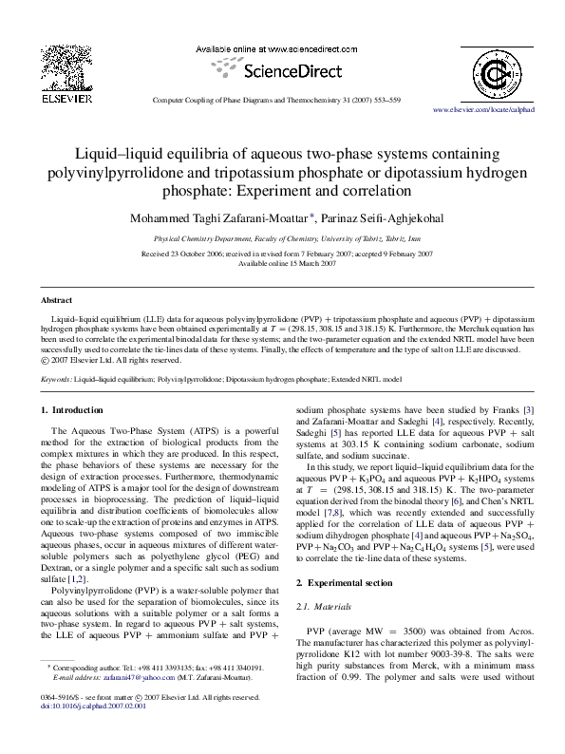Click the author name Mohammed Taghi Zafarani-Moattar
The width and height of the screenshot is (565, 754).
[217, 218]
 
